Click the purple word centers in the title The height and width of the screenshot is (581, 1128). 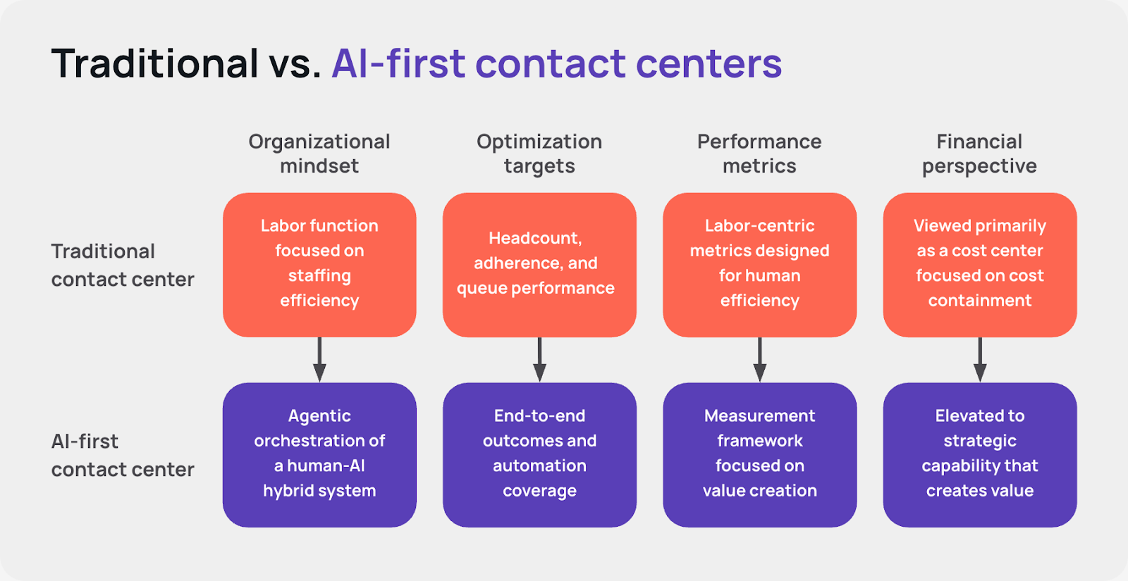[x=709, y=63]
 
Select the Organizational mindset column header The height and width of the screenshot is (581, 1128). [x=319, y=154]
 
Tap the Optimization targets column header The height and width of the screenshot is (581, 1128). [x=539, y=154]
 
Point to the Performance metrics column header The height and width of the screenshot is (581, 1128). [x=759, y=154]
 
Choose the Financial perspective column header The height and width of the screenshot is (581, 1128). [x=979, y=154]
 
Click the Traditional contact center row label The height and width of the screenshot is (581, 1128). [x=122, y=265]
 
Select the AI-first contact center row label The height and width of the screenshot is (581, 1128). [x=122, y=456]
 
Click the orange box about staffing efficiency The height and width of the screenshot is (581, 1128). [x=319, y=265]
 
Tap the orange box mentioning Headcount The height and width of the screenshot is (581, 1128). [x=539, y=265]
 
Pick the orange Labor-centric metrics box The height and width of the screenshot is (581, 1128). [x=759, y=265]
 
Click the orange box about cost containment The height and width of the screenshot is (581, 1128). [x=979, y=265]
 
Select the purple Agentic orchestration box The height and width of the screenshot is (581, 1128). [x=319, y=454]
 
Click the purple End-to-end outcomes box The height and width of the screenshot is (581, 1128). [x=539, y=454]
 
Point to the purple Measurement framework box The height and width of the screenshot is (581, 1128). [x=759, y=454]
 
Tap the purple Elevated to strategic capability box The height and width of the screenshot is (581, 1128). [x=979, y=454]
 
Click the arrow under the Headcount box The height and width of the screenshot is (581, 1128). [x=539, y=360]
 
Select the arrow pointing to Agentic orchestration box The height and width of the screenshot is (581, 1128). [x=319, y=360]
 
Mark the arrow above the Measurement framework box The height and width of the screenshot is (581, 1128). [x=759, y=360]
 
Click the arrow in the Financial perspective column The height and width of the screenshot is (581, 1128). [x=979, y=360]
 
